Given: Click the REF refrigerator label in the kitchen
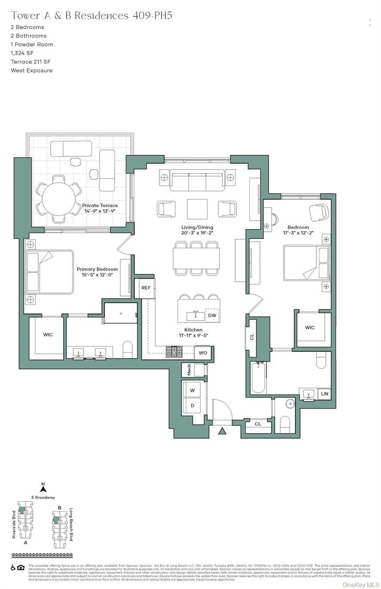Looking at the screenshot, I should (x=146, y=288).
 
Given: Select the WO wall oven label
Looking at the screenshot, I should (x=203, y=353).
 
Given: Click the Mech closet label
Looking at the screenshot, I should (x=188, y=369).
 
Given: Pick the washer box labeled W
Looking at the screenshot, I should (x=192, y=391).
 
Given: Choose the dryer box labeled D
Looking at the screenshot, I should (x=192, y=405).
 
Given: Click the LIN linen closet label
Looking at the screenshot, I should (x=324, y=394).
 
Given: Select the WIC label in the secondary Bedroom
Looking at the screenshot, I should (x=310, y=327).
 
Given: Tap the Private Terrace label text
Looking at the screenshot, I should (x=100, y=206).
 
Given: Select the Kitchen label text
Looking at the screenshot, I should (x=193, y=330).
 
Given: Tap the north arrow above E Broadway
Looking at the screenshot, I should (x=44, y=488).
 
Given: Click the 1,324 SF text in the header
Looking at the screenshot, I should (x=21, y=53).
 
